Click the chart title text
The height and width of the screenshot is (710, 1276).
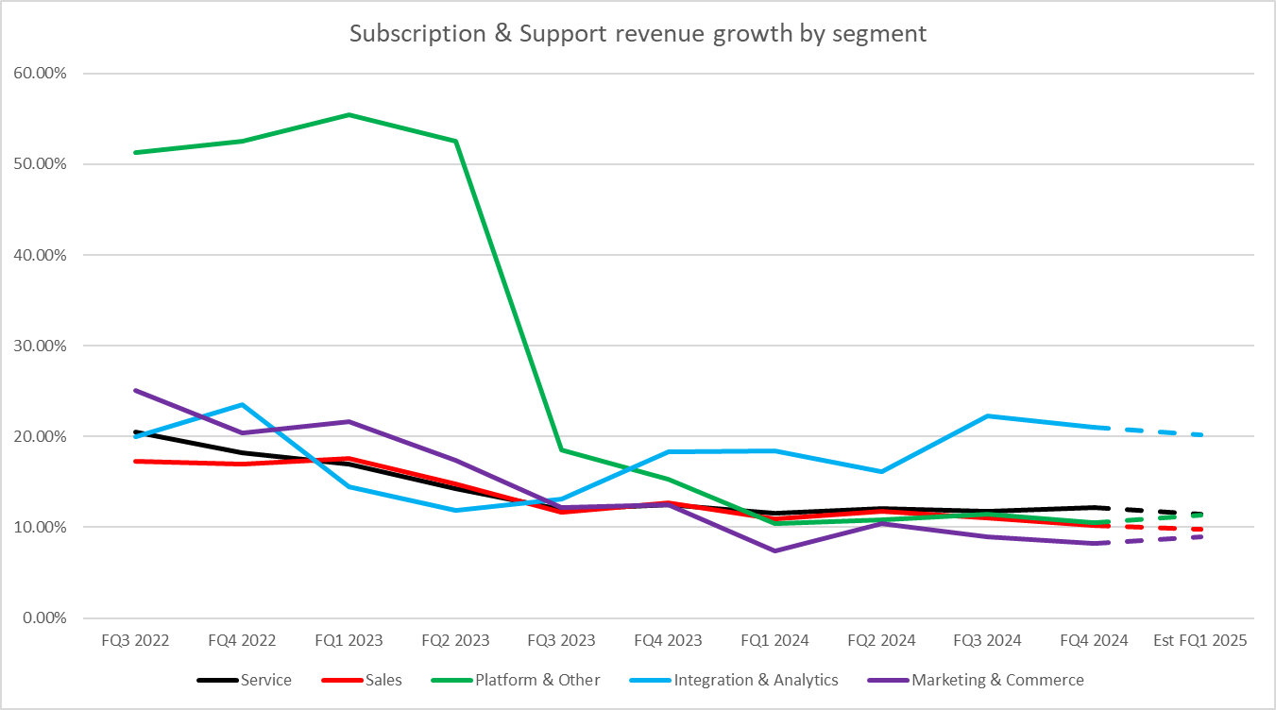click(x=638, y=33)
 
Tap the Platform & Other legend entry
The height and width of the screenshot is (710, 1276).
click(x=536, y=680)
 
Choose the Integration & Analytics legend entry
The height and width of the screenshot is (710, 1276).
click(x=756, y=680)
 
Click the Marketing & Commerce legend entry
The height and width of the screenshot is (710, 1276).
click(x=997, y=680)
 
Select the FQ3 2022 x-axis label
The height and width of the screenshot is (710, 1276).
click(x=135, y=640)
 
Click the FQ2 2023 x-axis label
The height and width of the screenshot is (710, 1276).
click(x=455, y=640)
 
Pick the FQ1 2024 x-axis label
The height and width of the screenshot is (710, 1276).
click(x=775, y=640)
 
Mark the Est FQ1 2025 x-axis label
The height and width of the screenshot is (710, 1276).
click(x=1200, y=640)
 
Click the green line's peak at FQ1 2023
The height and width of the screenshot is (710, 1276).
click(x=349, y=115)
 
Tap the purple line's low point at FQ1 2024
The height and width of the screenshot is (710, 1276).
click(x=775, y=550)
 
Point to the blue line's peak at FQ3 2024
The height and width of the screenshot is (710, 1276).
click(x=988, y=415)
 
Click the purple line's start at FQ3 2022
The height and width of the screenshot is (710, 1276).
click(x=136, y=390)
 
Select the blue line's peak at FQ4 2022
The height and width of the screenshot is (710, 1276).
click(x=243, y=404)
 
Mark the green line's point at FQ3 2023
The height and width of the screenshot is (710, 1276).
click(x=562, y=449)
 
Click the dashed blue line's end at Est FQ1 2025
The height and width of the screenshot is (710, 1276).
click(x=1201, y=434)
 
